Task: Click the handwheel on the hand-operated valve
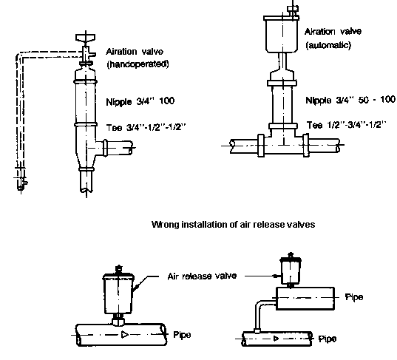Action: (85, 38)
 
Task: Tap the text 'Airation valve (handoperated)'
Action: (138, 58)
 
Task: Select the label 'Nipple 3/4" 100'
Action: (140, 101)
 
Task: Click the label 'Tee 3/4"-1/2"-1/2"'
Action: (146, 127)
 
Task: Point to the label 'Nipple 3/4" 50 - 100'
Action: (350, 100)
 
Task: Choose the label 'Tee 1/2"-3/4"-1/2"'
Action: (347, 125)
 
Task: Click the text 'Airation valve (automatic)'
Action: (333, 38)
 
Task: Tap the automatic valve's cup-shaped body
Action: (282, 35)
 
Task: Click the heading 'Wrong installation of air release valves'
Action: (233, 225)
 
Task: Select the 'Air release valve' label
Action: (202, 276)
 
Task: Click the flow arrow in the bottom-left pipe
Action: (124, 334)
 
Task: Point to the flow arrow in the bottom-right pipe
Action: (276, 339)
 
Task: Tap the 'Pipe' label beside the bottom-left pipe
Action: (182, 335)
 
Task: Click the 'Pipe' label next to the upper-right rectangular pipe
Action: (354, 297)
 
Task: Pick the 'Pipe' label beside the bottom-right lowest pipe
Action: (328, 339)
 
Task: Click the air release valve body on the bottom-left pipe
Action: (118, 293)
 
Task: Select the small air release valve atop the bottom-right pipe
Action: (291, 271)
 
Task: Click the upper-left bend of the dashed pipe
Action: (20, 56)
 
